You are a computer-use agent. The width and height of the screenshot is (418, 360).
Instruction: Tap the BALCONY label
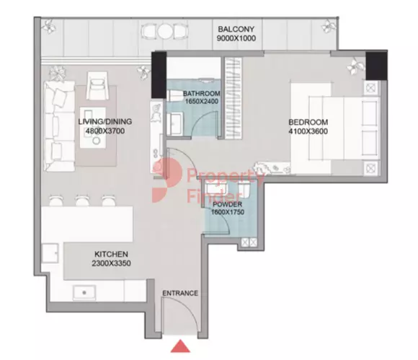[x=236, y=29]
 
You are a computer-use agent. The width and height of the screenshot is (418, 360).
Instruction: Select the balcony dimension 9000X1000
[x=236, y=38]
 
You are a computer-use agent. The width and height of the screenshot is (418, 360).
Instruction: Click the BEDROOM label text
[x=308, y=122]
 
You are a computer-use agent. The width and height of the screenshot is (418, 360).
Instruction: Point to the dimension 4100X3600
[x=308, y=131]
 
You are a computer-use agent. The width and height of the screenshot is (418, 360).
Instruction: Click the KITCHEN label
[x=112, y=254]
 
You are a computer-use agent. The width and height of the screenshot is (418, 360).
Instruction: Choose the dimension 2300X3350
[x=112, y=263]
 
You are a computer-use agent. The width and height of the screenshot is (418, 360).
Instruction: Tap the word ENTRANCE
[x=180, y=294]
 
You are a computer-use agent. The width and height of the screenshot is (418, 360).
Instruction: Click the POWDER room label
[x=228, y=204]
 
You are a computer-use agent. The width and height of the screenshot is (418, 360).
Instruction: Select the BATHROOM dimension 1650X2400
[x=202, y=101]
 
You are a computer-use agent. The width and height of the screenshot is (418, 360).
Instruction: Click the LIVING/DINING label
[x=105, y=122]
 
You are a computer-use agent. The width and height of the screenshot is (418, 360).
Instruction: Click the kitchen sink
[x=84, y=292]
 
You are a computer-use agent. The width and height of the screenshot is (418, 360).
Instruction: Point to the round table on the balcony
[x=165, y=31]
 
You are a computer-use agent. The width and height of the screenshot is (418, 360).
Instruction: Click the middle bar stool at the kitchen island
[x=82, y=201]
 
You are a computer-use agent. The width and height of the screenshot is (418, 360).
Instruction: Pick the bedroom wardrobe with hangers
[x=234, y=98]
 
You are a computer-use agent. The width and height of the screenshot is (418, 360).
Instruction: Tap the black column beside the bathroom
[x=159, y=75]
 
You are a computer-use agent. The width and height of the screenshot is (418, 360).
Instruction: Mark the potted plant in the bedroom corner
[x=355, y=66]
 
